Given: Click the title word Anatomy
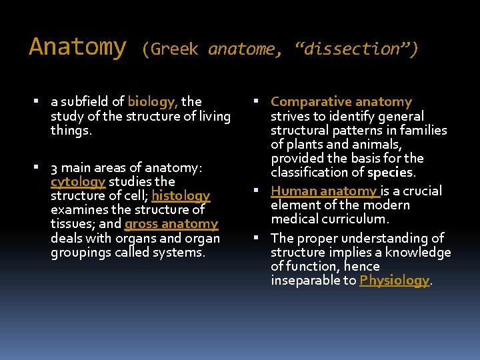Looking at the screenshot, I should (x=77, y=47).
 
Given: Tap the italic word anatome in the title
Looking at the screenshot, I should (x=241, y=49).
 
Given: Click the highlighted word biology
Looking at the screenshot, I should (x=151, y=101).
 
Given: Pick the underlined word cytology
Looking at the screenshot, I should (x=78, y=181).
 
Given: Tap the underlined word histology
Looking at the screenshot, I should (x=181, y=195).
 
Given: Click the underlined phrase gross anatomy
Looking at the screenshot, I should (x=171, y=224).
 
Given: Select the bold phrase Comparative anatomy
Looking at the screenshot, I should (x=341, y=102).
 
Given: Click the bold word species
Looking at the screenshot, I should (x=390, y=173).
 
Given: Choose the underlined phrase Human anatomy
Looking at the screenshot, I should (x=324, y=191).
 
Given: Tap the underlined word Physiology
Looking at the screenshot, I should (x=394, y=281).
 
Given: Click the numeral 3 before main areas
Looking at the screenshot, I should (x=54, y=167).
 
